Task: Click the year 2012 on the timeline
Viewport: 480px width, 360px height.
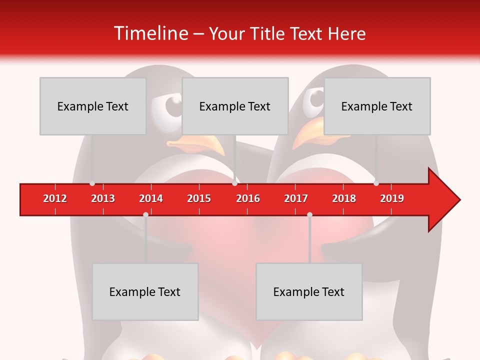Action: click(x=55, y=198)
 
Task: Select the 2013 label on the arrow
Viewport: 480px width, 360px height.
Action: click(x=103, y=198)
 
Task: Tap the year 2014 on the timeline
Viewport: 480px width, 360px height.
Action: click(x=151, y=198)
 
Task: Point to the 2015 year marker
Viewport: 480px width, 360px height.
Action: click(x=199, y=198)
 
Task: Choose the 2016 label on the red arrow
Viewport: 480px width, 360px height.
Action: click(x=248, y=198)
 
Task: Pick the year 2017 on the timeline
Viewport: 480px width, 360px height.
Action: click(x=296, y=198)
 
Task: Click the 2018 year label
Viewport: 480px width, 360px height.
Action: click(x=344, y=198)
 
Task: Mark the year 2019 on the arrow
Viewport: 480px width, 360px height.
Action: click(x=392, y=198)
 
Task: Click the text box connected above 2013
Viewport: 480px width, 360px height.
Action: click(x=93, y=106)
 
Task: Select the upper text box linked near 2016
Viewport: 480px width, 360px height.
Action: click(x=235, y=106)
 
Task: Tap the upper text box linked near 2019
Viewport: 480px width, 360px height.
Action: click(x=377, y=106)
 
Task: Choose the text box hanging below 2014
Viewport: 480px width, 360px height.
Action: click(x=145, y=291)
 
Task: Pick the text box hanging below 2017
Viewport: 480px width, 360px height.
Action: click(x=309, y=291)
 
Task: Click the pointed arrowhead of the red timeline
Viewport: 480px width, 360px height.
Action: click(x=447, y=199)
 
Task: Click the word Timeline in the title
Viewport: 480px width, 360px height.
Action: click(x=150, y=33)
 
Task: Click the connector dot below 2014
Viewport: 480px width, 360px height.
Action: click(x=145, y=214)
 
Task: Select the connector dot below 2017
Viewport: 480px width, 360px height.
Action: click(x=309, y=214)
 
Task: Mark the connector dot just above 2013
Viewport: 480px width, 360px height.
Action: click(x=92, y=183)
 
